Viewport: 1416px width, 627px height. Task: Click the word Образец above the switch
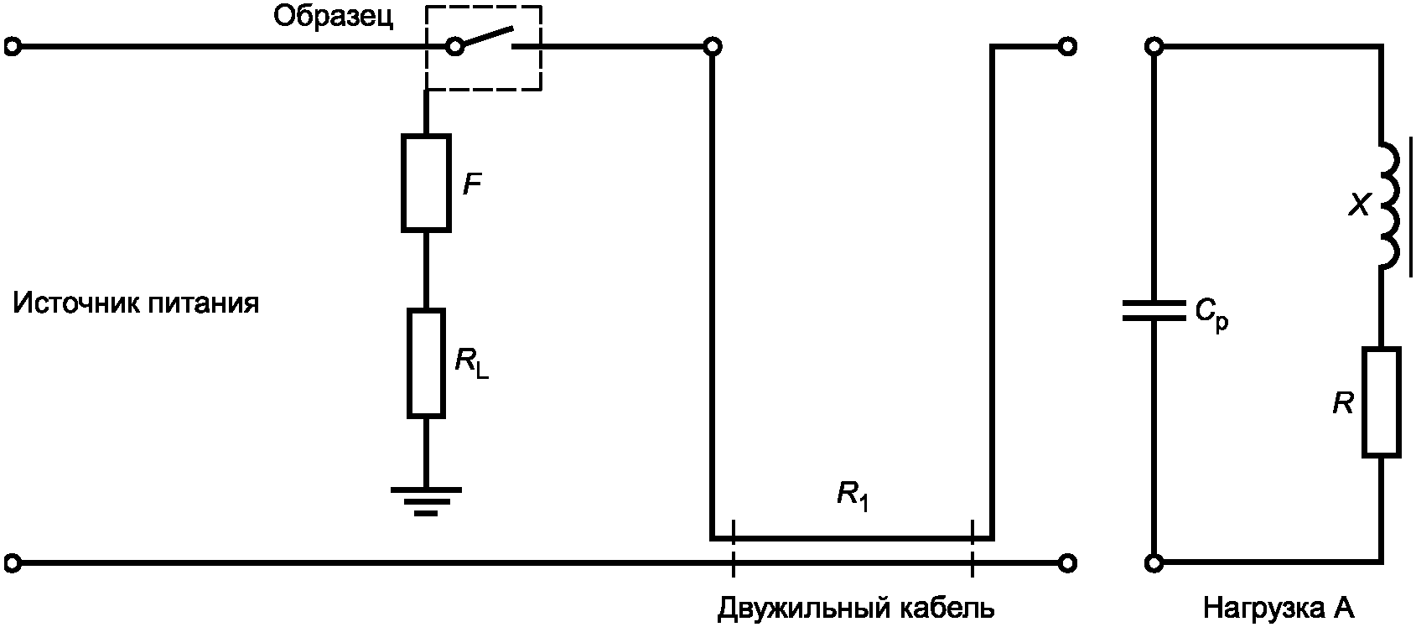333,17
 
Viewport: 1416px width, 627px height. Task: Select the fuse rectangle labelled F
426,182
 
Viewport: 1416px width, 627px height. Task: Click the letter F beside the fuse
473,184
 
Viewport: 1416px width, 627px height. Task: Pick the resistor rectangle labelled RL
426,363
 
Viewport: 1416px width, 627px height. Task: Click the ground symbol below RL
426,500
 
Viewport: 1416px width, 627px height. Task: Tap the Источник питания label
136,303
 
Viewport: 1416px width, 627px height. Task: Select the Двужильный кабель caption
856,608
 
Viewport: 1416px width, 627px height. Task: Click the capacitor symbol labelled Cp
1154,311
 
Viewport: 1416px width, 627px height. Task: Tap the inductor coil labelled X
1387,206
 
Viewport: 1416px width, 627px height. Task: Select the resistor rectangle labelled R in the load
1381,402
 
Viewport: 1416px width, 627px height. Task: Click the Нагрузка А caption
1279,608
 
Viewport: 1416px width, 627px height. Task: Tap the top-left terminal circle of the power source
12,47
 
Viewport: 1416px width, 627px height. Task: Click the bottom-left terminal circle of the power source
12,562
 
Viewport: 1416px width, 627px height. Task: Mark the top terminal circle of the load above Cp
1154,47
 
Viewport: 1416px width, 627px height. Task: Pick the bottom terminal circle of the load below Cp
1154,562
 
